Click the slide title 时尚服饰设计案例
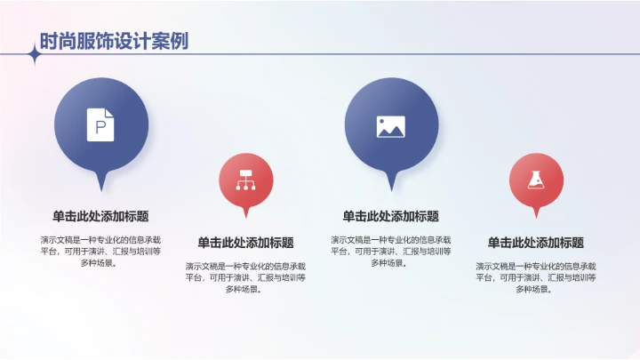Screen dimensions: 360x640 [x=113, y=41]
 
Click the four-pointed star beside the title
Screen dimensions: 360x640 [x=35, y=55]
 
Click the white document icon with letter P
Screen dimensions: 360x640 [x=100, y=124]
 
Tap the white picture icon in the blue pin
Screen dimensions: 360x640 [x=391, y=126]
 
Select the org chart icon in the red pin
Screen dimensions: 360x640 [x=245, y=180]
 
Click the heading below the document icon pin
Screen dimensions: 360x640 [x=100, y=216]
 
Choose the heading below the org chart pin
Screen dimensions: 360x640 [x=245, y=243]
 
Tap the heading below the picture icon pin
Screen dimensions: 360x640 [x=391, y=216]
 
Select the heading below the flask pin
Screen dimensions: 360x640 [x=536, y=243]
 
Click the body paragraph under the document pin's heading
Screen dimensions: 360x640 [x=100, y=251]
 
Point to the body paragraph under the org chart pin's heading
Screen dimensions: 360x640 [x=245, y=277]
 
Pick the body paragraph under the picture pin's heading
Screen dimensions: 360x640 [x=391, y=251]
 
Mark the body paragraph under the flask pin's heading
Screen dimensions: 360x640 [x=536, y=277]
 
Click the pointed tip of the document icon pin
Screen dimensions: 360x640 [x=100, y=188]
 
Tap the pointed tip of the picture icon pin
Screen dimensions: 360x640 [x=391, y=188]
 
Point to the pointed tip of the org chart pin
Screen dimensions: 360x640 [x=246, y=216]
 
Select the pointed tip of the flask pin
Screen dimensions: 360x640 [x=536, y=216]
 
